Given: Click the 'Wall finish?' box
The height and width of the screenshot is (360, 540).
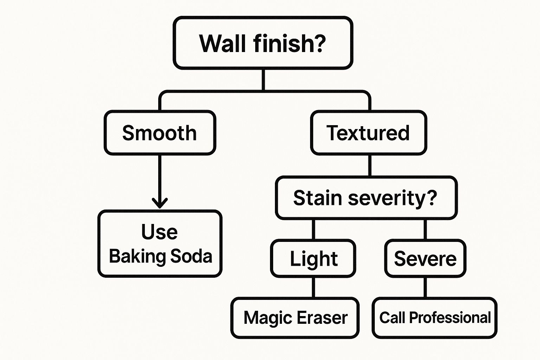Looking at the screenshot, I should [263, 43].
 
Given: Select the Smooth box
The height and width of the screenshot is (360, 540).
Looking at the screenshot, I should [160, 133].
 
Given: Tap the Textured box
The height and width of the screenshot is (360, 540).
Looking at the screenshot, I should [368, 133].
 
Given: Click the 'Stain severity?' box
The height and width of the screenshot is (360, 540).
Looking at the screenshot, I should [366, 198].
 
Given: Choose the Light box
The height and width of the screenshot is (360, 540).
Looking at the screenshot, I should [313, 258].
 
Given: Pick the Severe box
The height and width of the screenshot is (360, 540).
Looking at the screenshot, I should [425, 258].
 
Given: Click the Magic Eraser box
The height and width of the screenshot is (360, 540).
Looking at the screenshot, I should [295, 318].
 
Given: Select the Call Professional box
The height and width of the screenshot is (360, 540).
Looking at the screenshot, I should [435, 318].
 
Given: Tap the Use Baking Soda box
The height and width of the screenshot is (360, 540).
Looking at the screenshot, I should [160, 244].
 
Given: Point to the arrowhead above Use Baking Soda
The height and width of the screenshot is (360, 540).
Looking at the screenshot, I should [160, 203].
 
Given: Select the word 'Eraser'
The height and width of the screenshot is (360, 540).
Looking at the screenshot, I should [322, 318].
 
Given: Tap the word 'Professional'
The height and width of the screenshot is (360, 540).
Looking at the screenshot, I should [450, 318].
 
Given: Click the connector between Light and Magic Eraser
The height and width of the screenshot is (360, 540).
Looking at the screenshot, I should [313, 288].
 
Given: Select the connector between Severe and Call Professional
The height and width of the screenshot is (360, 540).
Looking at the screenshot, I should [425, 288].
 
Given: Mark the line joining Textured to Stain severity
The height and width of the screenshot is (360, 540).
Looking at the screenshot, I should [369, 165].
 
